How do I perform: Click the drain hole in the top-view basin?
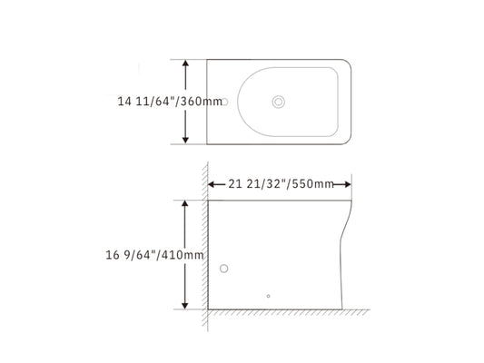(x=279, y=102)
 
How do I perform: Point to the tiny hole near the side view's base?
(x=268, y=295)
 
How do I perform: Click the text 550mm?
(x=311, y=183)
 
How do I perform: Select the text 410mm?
(x=182, y=255)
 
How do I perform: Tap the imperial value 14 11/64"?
(x=146, y=102)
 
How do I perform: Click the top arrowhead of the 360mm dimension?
(x=186, y=64)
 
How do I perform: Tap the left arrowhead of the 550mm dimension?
(x=213, y=183)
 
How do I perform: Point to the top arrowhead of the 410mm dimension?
(x=186, y=205)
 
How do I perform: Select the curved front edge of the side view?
(x=346, y=245)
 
